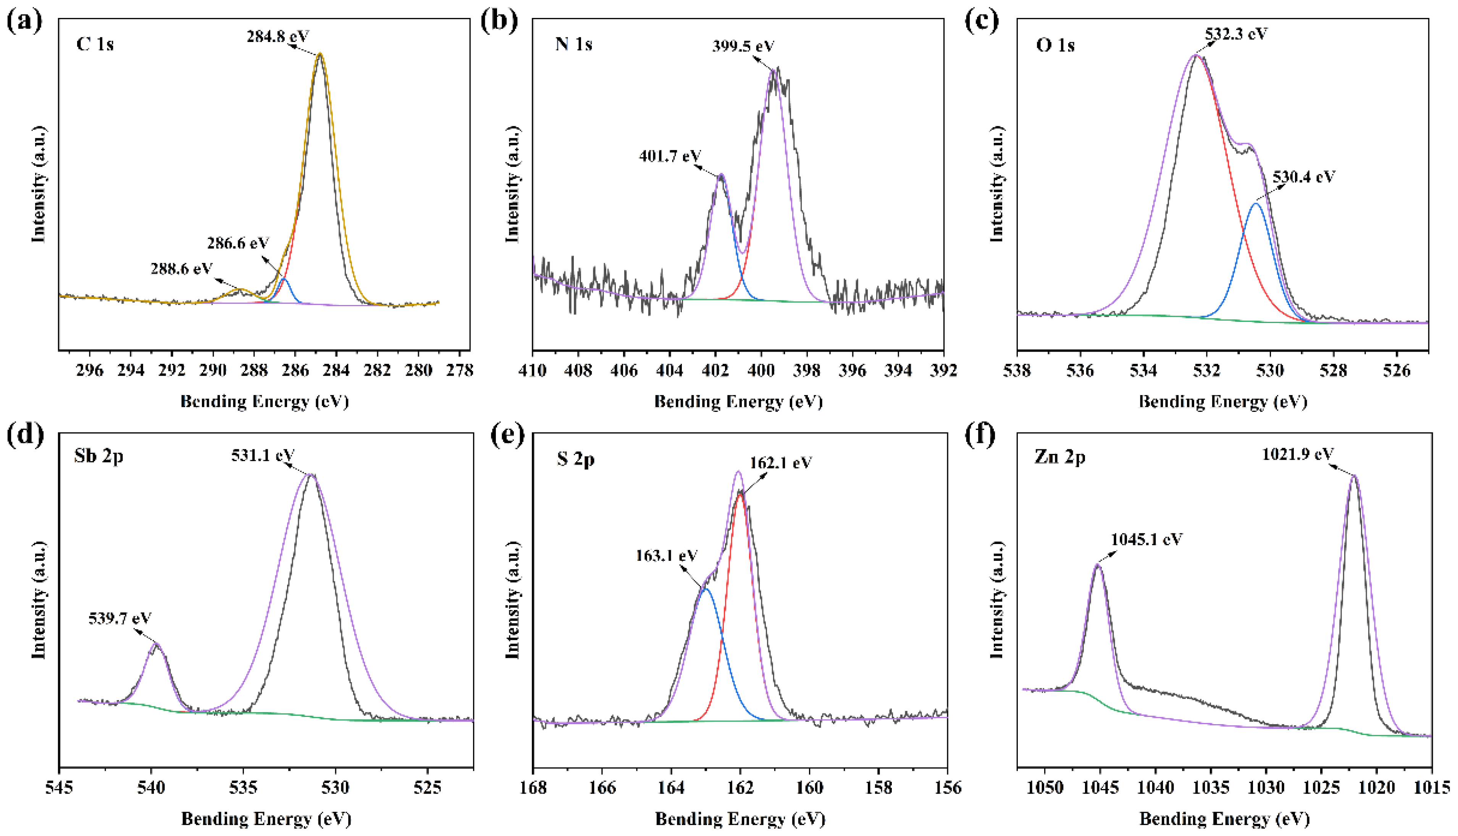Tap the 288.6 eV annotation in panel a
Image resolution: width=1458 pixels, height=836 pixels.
tap(181, 268)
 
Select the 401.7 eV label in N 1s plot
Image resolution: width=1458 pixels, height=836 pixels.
tap(670, 156)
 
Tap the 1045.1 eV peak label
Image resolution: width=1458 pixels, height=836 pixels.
tap(1146, 539)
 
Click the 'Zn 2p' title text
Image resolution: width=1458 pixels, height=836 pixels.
tap(1060, 458)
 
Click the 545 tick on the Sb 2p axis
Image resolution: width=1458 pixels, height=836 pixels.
tap(59, 788)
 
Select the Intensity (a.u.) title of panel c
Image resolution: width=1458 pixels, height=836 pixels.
tap(998, 184)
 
